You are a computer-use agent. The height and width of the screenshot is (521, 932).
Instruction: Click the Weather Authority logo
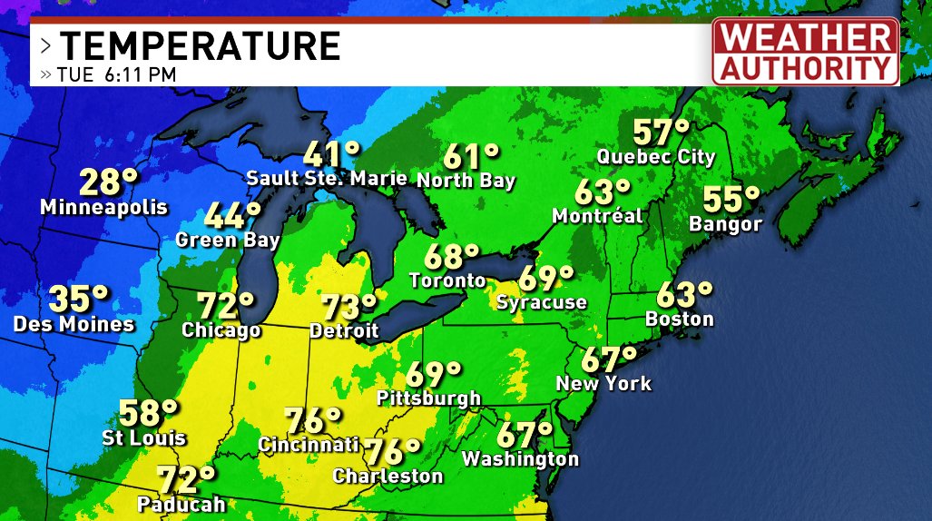pos(805,52)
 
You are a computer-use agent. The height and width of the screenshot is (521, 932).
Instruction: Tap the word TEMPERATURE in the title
pos(200,45)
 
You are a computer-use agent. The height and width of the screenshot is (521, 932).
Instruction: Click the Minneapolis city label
pos(103,208)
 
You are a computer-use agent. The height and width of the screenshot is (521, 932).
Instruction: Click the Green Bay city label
pos(228,241)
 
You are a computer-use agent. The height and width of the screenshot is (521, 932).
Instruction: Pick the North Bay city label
pos(466,180)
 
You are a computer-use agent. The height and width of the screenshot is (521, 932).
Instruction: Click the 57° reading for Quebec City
pos(660,133)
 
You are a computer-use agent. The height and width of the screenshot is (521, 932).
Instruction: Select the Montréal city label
pos(598,216)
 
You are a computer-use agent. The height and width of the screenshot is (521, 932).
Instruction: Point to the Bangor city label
pos(725,223)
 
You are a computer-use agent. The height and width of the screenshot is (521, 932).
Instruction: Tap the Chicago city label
pos(221,330)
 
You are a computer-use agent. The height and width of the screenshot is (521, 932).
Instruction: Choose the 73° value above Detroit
pos(348,307)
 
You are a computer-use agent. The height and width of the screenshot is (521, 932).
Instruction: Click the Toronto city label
pos(447,280)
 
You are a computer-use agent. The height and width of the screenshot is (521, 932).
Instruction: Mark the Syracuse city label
pos(541,302)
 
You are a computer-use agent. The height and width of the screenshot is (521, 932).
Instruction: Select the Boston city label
pos(679,319)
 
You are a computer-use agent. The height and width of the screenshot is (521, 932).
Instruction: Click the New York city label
pos(603,383)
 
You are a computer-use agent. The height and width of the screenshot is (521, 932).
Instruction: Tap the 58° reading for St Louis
pos(149,413)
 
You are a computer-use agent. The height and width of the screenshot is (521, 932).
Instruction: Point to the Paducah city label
pos(181,503)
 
